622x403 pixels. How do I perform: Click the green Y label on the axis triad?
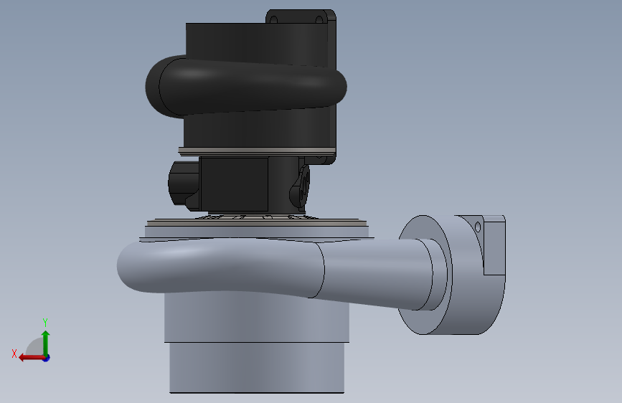[45, 322]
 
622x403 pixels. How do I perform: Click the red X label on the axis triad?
[14, 354]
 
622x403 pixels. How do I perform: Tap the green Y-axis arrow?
[46, 343]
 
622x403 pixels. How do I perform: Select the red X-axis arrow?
[32, 358]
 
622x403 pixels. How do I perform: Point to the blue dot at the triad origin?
[46, 358]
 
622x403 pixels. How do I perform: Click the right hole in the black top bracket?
[319, 19]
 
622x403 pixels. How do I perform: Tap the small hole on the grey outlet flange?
[478, 227]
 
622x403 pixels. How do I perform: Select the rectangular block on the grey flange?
[494, 245]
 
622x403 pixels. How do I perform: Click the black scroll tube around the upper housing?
[246, 86]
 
